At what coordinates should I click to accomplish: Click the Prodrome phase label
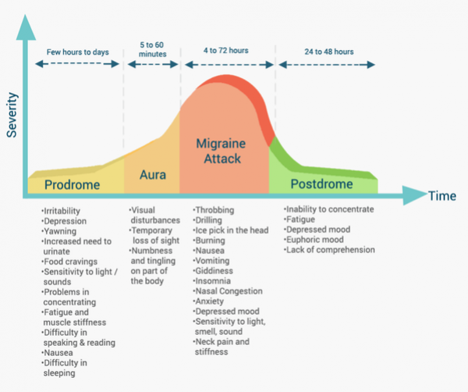(72, 185)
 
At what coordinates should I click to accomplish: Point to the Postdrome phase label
(321, 184)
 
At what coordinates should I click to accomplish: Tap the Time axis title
(441, 196)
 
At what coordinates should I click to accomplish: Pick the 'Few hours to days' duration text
(76, 52)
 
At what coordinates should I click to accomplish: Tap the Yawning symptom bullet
(62, 231)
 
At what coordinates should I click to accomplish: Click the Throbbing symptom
(218, 211)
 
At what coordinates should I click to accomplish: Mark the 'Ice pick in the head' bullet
(233, 230)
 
